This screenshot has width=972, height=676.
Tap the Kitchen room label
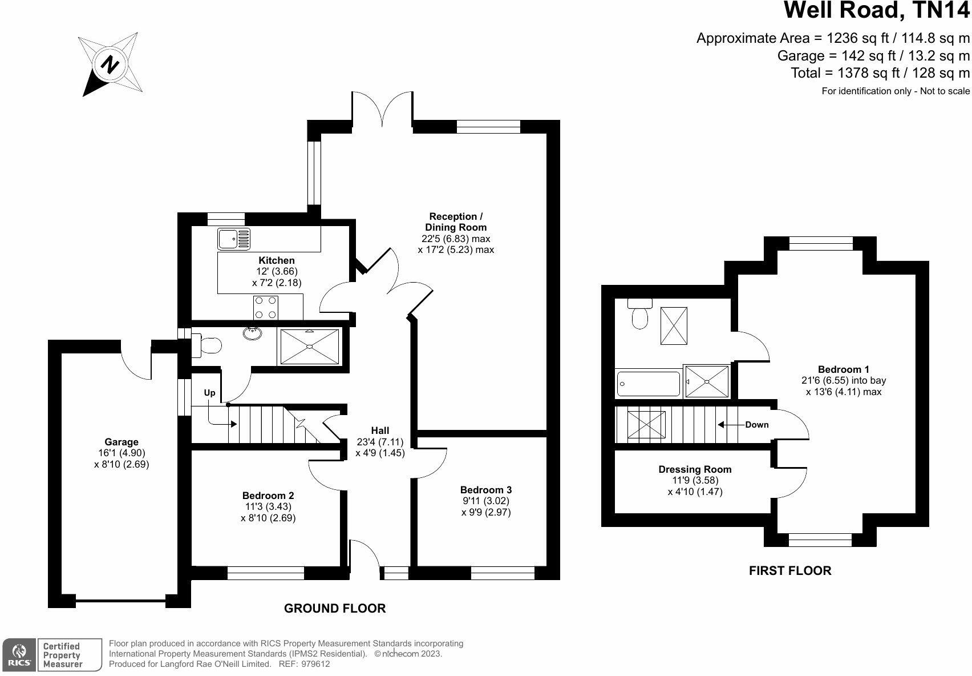[277, 260]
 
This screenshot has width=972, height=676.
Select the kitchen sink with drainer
[234, 239]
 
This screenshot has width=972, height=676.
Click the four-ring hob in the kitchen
[266, 307]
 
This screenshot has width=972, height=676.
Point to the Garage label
[121, 442]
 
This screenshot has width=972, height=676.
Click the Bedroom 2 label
[268, 496]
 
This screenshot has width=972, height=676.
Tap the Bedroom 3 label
[486, 490]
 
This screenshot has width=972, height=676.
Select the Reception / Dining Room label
[456, 222]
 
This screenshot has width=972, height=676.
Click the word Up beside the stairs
[210, 393]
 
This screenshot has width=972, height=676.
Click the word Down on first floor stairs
[756, 425]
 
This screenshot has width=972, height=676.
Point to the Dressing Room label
[695, 469]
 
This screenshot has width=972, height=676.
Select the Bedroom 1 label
[844, 369]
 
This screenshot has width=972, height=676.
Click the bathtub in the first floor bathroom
[649, 384]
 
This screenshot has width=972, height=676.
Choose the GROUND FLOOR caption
[335, 609]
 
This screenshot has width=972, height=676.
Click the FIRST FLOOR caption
[789, 570]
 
